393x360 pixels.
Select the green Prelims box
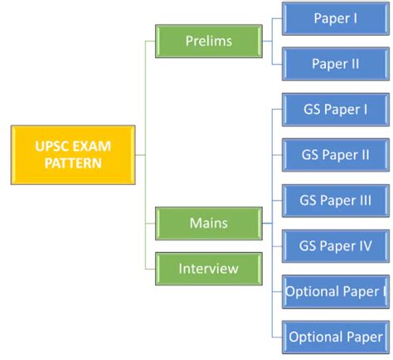[x=208, y=40]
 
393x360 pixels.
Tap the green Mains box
[x=208, y=222]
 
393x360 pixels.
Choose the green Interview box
[x=208, y=268]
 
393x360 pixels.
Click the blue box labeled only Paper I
[x=335, y=18]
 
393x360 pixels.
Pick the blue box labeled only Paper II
[x=335, y=63]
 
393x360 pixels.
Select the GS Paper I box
[x=335, y=109]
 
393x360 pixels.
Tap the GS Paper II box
[x=335, y=154]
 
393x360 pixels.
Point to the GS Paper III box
[x=335, y=200]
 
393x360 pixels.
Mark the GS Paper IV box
[x=335, y=246]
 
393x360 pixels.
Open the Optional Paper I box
[x=335, y=291]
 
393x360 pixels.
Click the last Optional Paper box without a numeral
[x=335, y=337]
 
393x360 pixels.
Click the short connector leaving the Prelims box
[x=266, y=40]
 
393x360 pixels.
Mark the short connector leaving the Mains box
[x=266, y=222]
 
